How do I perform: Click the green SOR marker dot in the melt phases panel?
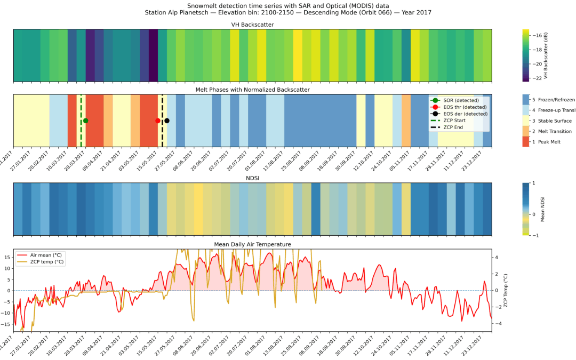[x=86, y=121]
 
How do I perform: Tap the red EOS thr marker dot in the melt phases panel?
[x=157, y=121]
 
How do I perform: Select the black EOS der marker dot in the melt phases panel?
[x=167, y=121]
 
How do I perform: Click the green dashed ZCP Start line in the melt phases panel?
[x=81, y=133]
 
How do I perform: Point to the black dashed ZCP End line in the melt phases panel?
[x=162, y=133]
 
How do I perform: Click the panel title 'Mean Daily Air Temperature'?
[x=252, y=244]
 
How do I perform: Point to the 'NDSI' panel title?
[x=252, y=178]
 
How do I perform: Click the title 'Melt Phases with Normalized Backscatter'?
[x=252, y=90]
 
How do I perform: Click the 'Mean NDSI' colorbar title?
[x=557, y=209]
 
